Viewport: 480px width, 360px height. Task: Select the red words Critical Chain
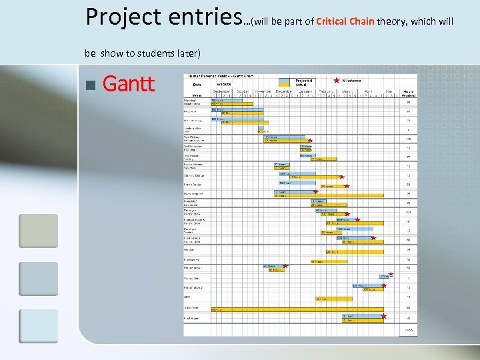pyautogui.click(x=345, y=22)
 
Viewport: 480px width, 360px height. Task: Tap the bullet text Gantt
pyautogui.click(x=129, y=84)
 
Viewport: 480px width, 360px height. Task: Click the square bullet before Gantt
pyautogui.click(x=90, y=85)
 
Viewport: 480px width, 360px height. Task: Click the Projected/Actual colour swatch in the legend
pyautogui.click(x=285, y=82)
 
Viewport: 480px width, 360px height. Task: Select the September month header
pyautogui.click(x=221, y=90)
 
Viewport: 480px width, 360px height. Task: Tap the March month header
pyautogui.click(x=347, y=90)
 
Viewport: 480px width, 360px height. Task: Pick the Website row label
pyautogui.click(x=189, y=251)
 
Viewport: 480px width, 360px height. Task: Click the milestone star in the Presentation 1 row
pyautogui.click(x=286, y=267)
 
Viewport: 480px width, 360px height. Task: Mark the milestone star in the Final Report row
pyautogui.click(x=384, y=316)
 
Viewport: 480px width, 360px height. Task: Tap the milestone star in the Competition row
pyautogui.click(x=391, y=273)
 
